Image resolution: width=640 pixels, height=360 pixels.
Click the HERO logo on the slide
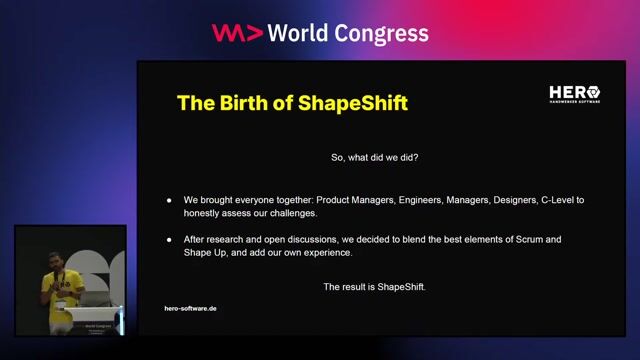pyautogui.click(x=574, y=94)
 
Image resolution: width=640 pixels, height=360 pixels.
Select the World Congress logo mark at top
pyautogui.click(x=237, y=33)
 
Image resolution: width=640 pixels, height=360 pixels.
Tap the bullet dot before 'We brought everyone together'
pyautogui.click(x=169, y=201)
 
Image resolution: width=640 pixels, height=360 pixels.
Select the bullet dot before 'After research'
pyautogui.click(x=169, y=240)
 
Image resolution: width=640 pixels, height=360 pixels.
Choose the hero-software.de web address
pyautogui.click(x=190, y=308)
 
